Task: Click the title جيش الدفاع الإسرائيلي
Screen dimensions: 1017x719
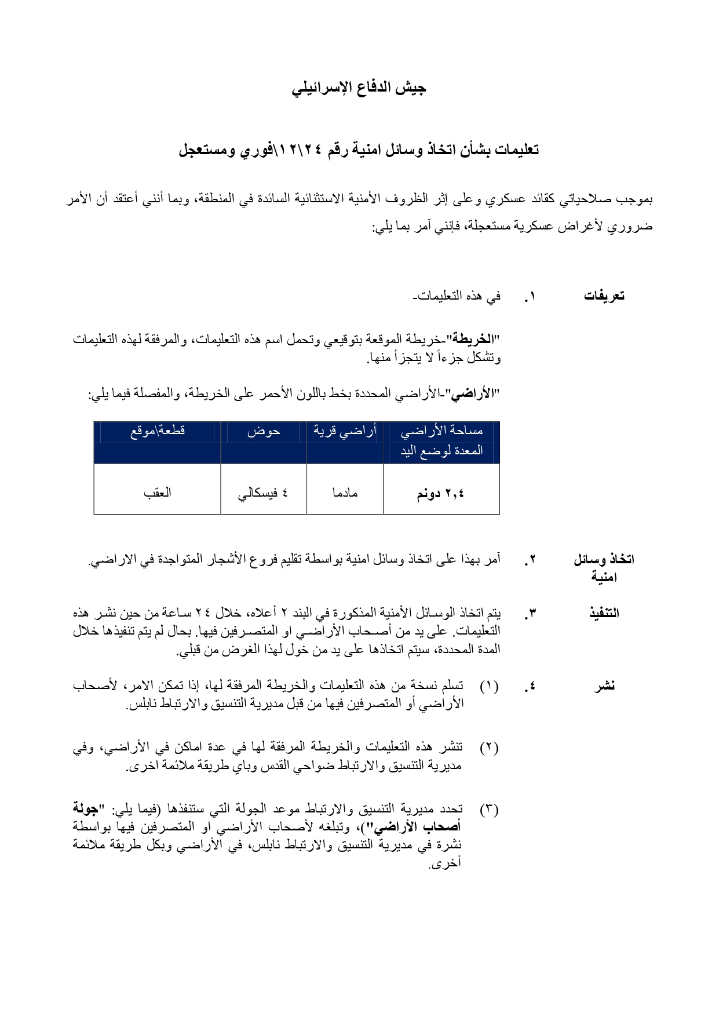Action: click(x=359, y=88)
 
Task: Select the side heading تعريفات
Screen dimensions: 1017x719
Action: click(x=604, y=296)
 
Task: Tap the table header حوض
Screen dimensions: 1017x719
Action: click(x=264, y=431)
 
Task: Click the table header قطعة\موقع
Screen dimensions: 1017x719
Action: click(x=158, y=431)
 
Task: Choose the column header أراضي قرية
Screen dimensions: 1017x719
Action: click(x=345, y=431)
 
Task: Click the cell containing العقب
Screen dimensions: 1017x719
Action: click(x=158, y=493)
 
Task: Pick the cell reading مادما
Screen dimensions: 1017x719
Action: click(x=345, y=493)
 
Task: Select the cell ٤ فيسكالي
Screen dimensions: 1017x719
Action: click(x=264, y=493)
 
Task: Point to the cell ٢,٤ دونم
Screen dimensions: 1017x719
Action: click(x=441, y=494)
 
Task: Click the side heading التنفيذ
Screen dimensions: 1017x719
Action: click(x=604, y=613)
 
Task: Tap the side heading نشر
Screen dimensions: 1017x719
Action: click(x=604, y=687)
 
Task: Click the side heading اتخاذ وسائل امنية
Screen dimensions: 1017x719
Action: click(x=604, y=568)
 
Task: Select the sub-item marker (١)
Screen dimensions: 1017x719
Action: click(x=489, y=687)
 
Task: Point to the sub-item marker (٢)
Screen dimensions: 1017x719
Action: click(x=489, y=747)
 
